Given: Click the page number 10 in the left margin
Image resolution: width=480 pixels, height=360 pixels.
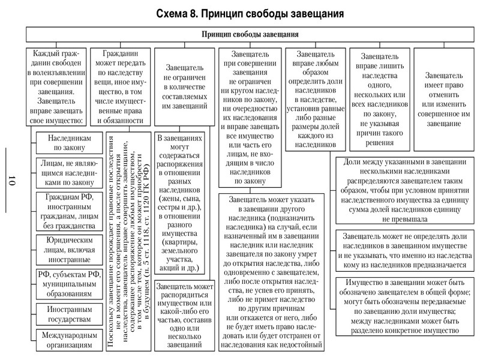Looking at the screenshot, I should pos(13,178).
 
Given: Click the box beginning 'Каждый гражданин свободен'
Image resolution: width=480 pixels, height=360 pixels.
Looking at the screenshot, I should pos(59,86).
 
